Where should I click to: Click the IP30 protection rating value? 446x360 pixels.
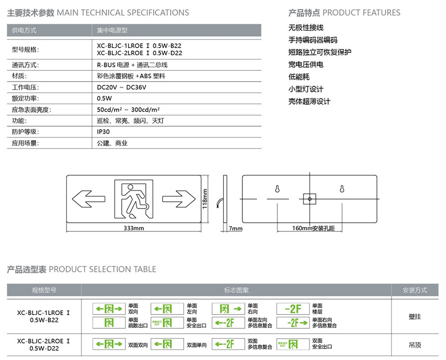[x=103, y=132]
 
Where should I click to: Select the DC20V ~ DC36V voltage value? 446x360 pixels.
[x=121, y=87]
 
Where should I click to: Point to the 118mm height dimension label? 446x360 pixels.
[x=205, y=198]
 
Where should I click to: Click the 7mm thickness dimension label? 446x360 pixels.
[x=235, y=229]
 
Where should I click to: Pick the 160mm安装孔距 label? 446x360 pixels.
[x=314, y=229]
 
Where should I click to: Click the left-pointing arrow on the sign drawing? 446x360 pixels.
[x=88, y=198]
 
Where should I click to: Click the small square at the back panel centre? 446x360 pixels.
[x=309, y=198]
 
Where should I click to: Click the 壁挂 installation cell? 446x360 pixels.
[x=414, y=317]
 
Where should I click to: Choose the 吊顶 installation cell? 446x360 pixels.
[x=414, y=344]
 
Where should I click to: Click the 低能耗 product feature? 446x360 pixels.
[x=299, y=77]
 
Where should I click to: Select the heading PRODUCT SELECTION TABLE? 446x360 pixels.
[x=102, y=269]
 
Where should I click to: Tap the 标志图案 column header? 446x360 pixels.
[x=236, y=290]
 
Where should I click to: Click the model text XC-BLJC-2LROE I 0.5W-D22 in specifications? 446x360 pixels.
[x=139, y=53]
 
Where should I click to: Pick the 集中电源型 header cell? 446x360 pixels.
[x=112, y=30]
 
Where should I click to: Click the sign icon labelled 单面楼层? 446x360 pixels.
[x=293, y=308]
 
